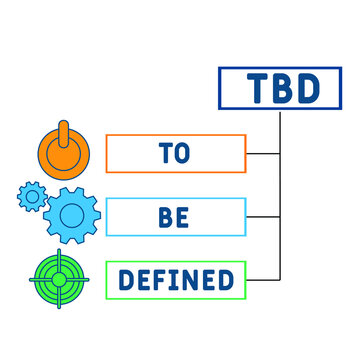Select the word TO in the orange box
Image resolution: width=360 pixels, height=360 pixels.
tap(174, 154)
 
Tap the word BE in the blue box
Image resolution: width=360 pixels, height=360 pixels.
tap(174, 217)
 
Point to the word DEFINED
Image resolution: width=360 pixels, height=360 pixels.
tap(175, 280)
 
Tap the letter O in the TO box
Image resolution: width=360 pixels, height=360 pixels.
tap(185, 154)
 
